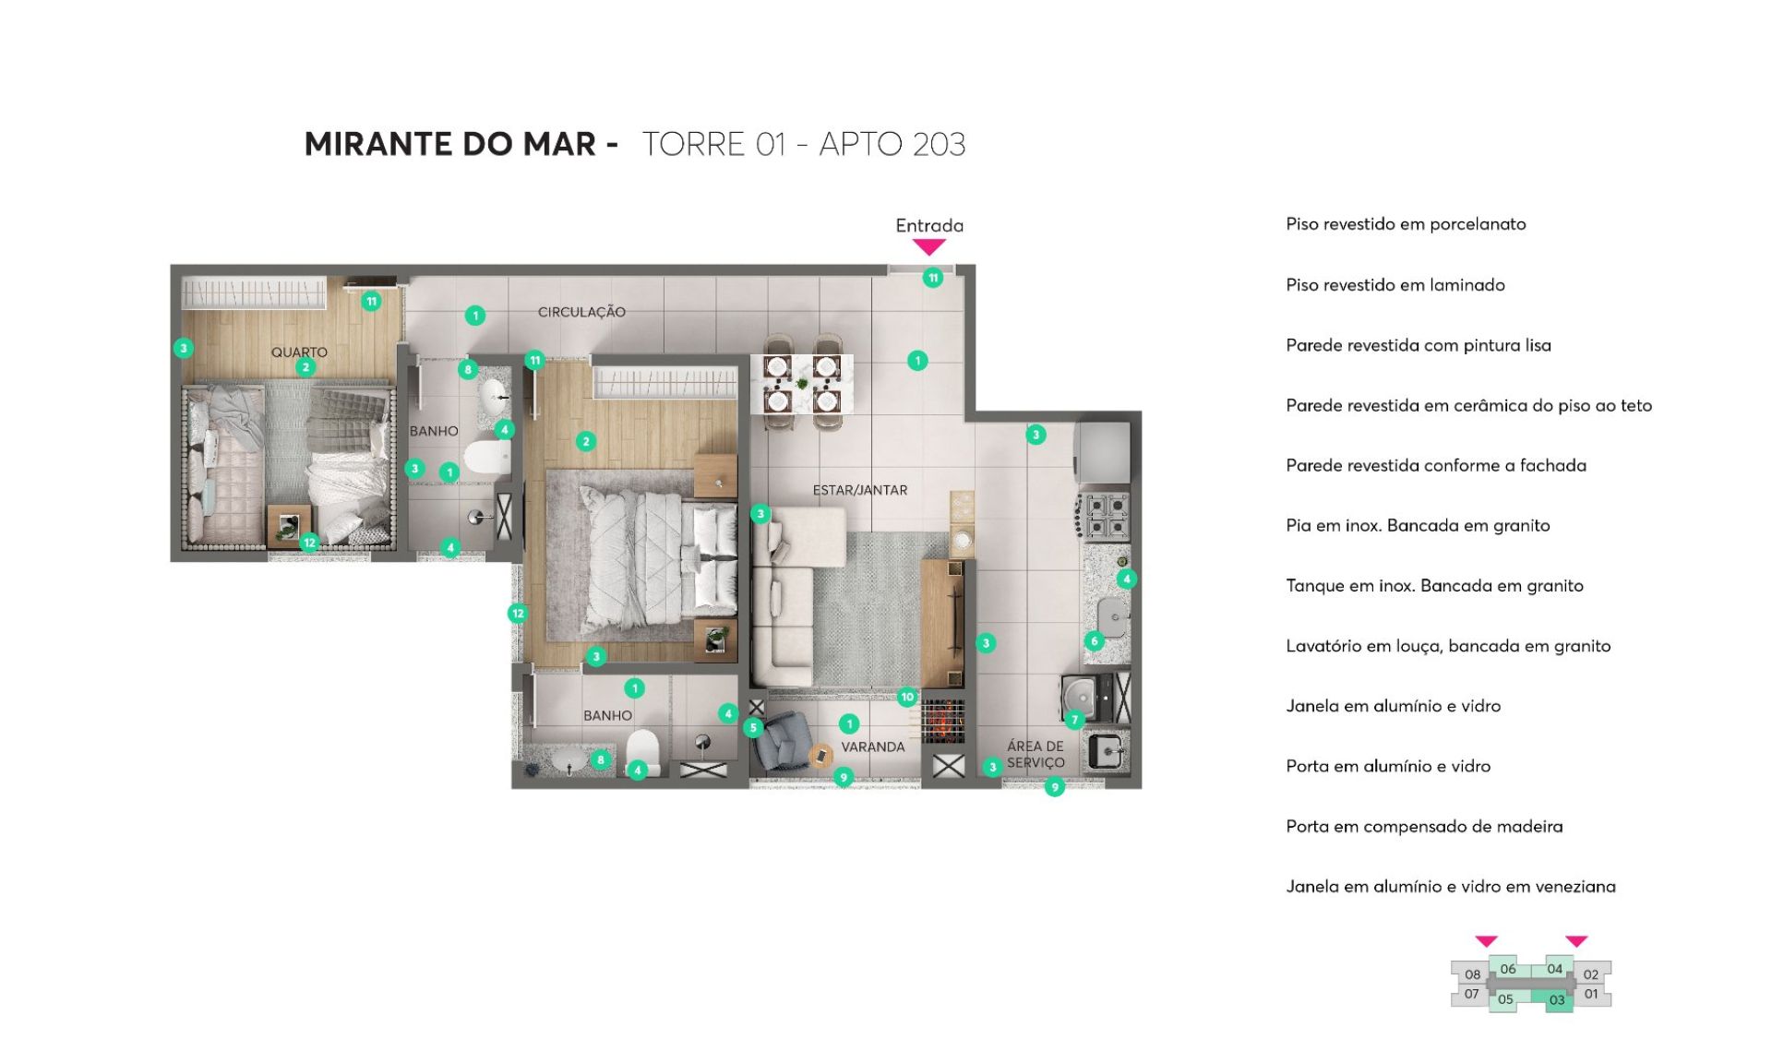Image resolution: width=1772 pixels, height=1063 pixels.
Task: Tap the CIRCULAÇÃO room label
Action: point(581,312)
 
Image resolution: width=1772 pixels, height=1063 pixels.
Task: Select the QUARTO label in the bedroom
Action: point(299,352)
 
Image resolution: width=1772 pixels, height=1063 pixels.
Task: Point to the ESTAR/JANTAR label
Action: point(859,490)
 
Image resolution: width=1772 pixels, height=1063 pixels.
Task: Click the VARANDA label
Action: point(872,746)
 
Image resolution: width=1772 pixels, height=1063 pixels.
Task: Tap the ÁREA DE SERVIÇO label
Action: point(1036,754)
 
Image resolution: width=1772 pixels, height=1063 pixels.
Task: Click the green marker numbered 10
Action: point(907,698)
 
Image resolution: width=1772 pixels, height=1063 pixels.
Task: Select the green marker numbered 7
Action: point(1074,720)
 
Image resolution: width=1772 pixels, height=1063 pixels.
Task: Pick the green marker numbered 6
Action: point(1095,640)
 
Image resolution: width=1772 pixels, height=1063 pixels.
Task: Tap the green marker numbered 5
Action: point(753,727)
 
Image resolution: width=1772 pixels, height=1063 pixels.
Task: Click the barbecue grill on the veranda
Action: point(942,721)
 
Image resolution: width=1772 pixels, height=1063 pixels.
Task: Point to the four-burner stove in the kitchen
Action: point(1104,516)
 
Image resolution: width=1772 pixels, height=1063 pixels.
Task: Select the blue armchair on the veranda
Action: point(783,741)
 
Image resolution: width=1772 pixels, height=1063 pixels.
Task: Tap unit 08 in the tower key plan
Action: point(1472,974)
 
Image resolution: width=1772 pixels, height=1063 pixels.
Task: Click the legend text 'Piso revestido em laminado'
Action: point(1395,285)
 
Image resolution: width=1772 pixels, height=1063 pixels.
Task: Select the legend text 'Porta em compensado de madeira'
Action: point(1424,827)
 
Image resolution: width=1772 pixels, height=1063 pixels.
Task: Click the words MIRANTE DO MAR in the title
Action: point(450,144)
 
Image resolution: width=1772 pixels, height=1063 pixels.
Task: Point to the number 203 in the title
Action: point(939,145)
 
